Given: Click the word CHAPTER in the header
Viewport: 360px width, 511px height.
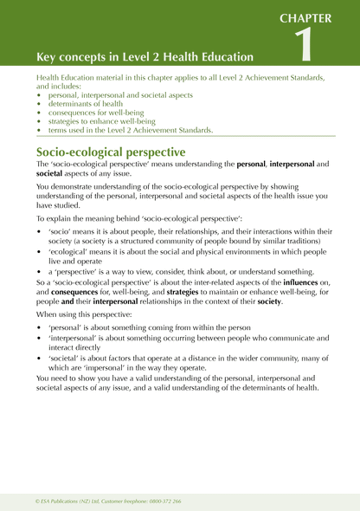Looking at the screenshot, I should [x=319, y=16].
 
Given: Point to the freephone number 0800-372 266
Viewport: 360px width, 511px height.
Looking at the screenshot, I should [x=163, y=500].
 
